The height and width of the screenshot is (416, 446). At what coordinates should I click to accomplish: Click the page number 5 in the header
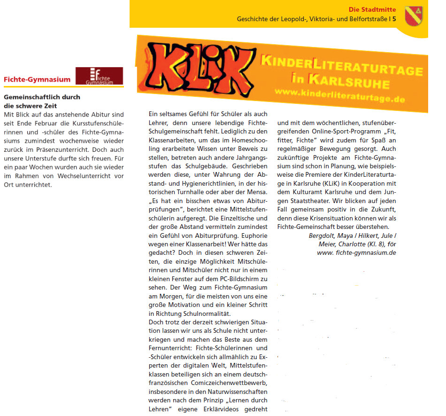tap(394, 19)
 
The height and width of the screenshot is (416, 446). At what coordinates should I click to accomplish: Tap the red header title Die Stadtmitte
tap(372, 9)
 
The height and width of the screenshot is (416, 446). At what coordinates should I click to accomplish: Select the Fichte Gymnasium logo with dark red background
tap(99, 76)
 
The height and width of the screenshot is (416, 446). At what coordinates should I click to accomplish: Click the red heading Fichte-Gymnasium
tap(37, 79)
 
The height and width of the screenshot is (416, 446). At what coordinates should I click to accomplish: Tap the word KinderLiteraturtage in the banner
tap(341, 66)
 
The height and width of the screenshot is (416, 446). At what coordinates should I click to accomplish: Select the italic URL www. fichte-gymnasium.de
tap(357, 252)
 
